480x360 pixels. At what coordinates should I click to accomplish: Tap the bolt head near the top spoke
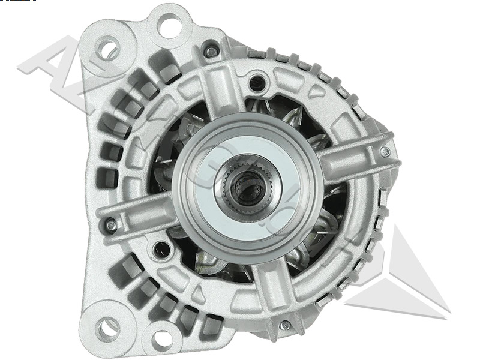tap(211, 51)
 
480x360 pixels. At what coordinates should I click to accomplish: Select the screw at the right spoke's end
tap(385, 151)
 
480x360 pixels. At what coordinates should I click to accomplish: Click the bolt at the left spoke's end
tap(111, 226)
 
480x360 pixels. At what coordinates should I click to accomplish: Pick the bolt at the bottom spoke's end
tap(285, 325)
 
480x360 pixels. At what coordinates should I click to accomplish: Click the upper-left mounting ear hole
tap(109, 49)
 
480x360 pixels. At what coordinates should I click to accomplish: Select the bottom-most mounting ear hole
tap(161, 339)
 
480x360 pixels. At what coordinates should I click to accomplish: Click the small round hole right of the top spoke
tap(257, 79)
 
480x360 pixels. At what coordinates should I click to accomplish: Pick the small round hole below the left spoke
tap(161, 248)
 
